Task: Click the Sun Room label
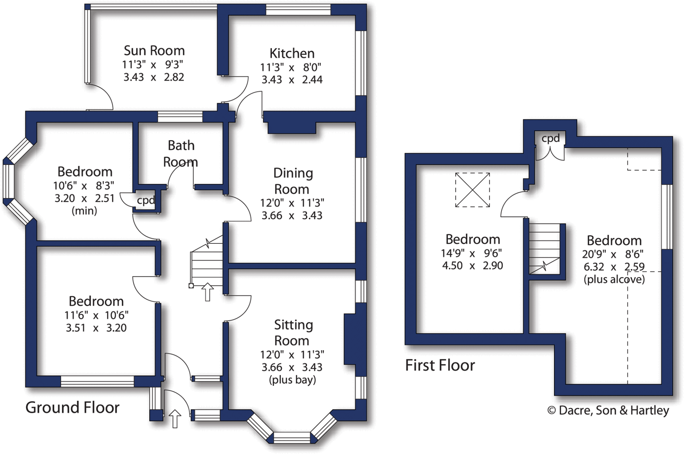(154, 51)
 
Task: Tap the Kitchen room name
(292, 53)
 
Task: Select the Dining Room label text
(293, 181)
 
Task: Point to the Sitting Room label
(293, 332)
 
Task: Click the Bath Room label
(181, 154)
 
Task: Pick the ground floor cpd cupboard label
(146, 200)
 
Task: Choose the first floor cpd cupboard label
(550, 138)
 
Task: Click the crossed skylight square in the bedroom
(472, 190)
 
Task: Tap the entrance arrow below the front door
(175, 419)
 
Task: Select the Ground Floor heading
(72, 408)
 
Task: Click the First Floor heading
(440, 365)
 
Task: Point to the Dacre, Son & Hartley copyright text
(608, 410)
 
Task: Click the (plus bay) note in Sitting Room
(292, 380)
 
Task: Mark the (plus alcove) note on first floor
(614, 279)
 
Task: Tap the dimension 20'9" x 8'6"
(613, 254)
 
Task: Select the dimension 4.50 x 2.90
(472, 266)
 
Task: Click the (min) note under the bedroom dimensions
(84, 211)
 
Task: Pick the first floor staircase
(544, 249)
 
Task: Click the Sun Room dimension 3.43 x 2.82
(154, 77)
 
